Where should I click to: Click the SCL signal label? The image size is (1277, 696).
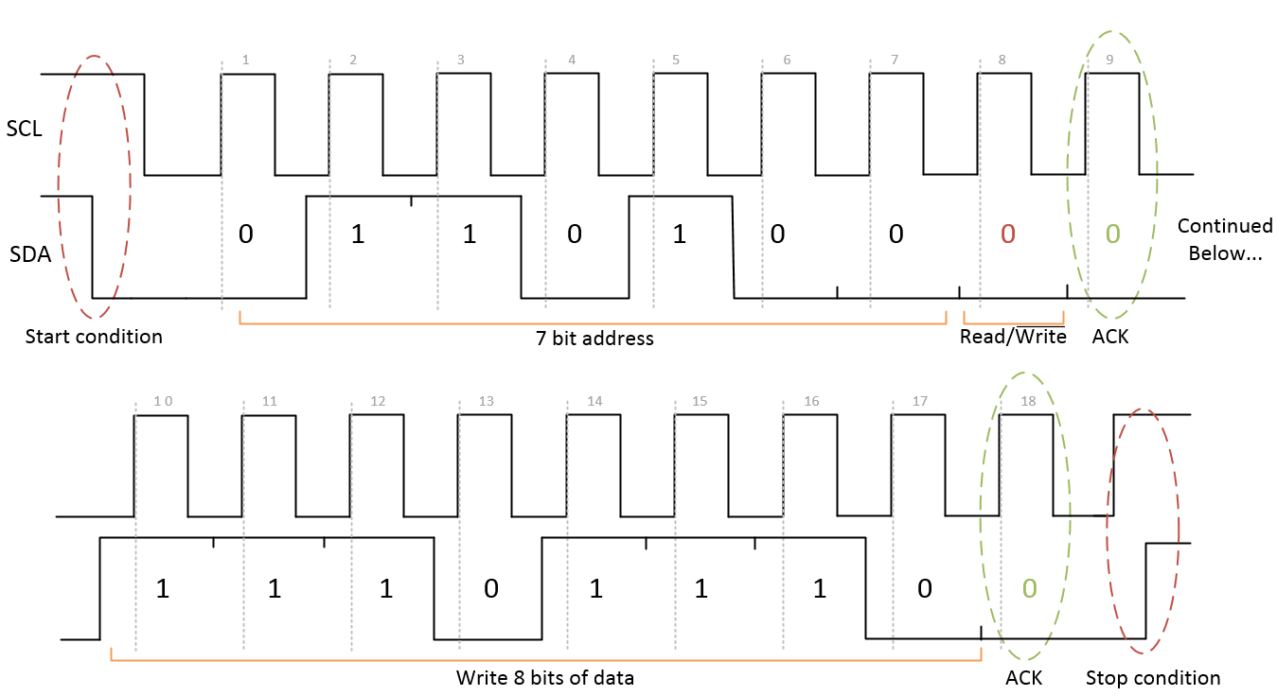point(25,129)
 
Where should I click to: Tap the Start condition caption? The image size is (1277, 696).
point(94,337)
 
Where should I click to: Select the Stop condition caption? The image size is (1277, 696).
point(1152,677)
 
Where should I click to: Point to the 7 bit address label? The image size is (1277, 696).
point(594,338)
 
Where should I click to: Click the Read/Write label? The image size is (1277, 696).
point(1013,337)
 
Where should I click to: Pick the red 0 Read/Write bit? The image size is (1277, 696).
point(1007,235)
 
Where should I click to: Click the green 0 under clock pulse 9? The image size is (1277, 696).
point(1113,234)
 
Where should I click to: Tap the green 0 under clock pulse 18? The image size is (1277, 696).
point(1029,588)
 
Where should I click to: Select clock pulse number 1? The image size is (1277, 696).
point(245,61)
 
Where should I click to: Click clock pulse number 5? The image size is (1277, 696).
point(675,61)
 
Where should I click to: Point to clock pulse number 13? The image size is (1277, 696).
point(487,401)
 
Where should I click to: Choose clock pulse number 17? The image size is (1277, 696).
point(920,401)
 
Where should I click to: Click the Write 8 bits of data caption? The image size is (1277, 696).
point(544,678)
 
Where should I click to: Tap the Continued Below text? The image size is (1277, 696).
point(1225,239)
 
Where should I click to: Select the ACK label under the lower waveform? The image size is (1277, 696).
point(1023,678)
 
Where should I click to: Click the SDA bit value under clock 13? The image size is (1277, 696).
point(490,588)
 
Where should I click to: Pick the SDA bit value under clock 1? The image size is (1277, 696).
point(245,234)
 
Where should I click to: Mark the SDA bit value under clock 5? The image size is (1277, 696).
point(679,234)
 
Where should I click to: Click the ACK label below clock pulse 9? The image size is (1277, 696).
point(1110,337)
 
